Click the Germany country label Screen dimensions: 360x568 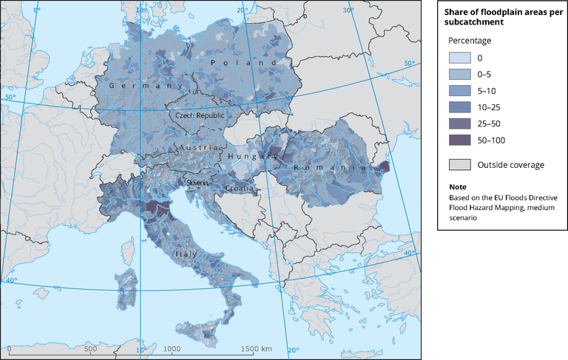click(x=130, y=86)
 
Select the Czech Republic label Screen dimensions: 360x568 click(x=198, y=116)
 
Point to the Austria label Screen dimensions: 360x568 click(x=195, y=149)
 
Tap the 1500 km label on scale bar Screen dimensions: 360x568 click(x=257, y=349)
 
